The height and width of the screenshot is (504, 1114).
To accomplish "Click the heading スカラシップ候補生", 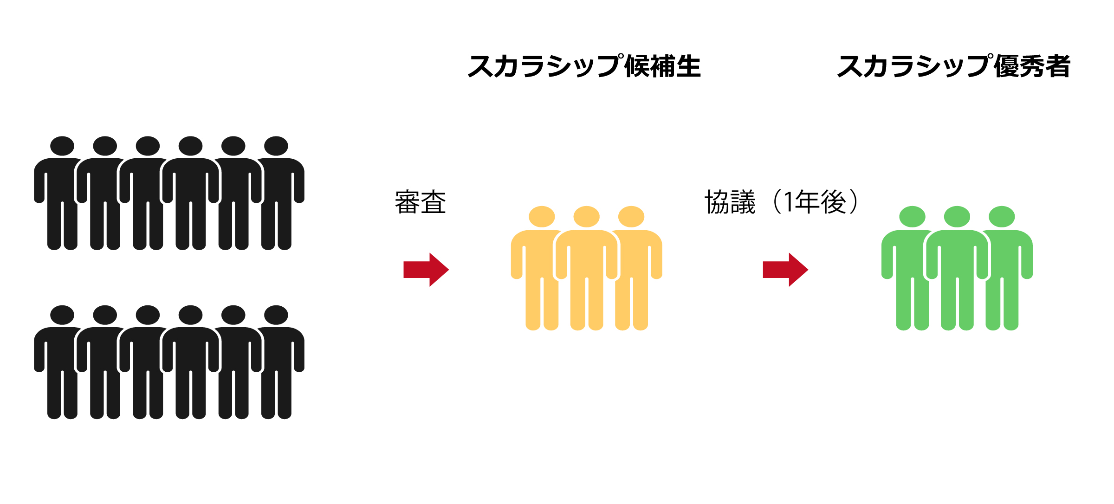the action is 584,66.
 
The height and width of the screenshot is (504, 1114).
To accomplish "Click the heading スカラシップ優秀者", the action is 954,66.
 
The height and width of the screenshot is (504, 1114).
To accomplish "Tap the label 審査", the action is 421,202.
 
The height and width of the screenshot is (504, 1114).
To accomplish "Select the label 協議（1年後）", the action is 781,202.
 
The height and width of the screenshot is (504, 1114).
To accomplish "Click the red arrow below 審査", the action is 426,270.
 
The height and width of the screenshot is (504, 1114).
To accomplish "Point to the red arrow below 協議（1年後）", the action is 785,270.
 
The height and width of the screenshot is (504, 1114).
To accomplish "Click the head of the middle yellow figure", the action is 586,217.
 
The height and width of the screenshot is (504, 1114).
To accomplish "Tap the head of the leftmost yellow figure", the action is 542,217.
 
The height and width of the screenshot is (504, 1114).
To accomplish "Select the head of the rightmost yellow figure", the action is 631,217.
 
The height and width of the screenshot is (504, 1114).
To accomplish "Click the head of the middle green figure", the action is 957,217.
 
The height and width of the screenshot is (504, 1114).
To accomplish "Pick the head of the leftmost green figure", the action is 912,217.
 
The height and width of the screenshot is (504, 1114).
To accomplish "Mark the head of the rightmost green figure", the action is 1002,217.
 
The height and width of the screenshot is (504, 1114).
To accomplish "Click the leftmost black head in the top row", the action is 62,146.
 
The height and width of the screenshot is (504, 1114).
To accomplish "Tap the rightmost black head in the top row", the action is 276,146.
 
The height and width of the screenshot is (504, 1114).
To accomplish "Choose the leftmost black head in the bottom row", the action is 62,315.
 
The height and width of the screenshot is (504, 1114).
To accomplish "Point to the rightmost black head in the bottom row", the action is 276,315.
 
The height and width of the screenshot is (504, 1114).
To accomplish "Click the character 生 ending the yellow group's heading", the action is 688,66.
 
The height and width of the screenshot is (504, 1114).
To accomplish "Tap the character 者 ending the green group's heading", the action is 1058,66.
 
